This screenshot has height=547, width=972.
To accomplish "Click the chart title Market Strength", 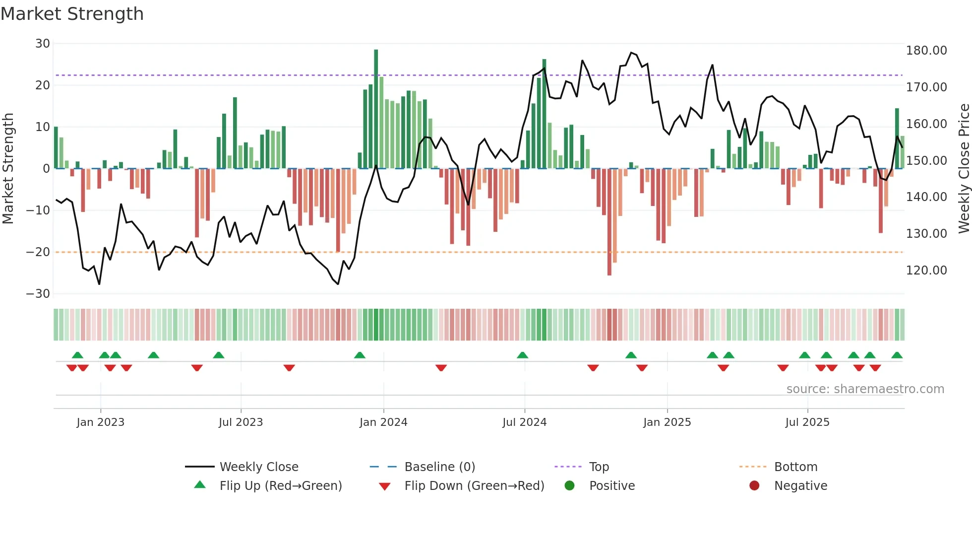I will point(72,14).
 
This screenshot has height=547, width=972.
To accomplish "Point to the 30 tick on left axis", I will point(43,44).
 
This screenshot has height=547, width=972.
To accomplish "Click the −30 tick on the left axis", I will point(38,293).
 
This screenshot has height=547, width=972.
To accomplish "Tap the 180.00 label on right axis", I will point(926,51).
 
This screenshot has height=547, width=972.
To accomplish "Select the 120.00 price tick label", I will point(926,271).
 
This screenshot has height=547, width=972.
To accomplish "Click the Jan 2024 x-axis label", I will point(383,422).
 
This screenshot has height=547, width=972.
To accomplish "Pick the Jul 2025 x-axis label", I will point(807,422).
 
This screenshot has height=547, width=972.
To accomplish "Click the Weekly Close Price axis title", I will point(964,169).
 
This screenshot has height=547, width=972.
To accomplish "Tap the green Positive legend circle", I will point(570,486).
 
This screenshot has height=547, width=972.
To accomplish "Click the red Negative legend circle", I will point(754,486).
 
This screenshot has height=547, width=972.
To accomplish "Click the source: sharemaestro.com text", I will point(865,389).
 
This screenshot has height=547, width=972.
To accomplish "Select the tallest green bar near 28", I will point(376,109).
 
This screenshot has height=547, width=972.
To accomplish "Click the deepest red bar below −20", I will point(609,223).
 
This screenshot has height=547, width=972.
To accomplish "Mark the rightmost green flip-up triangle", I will point(897,355).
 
